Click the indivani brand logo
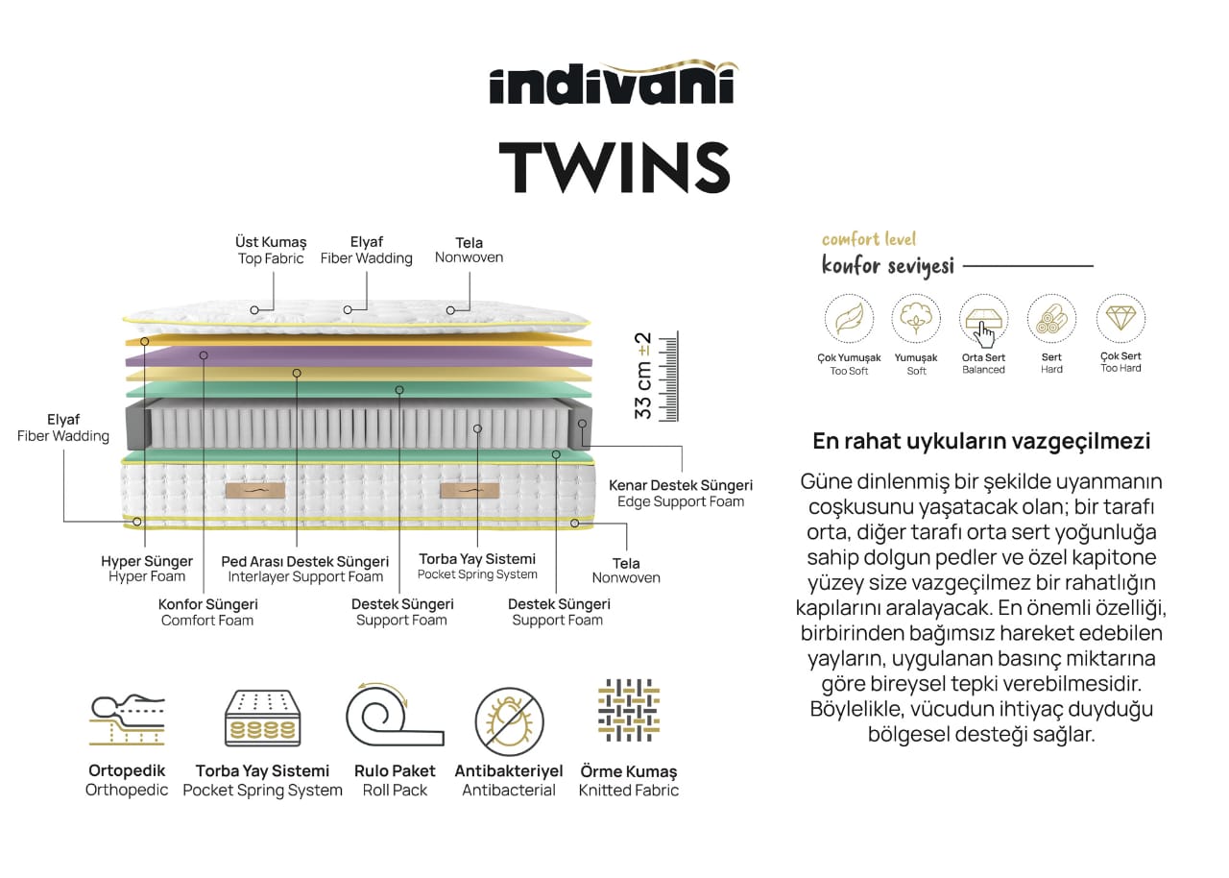click(x=614, y=84)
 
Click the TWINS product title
click(x=614, y=166)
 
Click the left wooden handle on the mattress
click(x=249, y=491)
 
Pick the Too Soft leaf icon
click(x=849, y=319)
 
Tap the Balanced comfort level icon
click(x=983, y=319)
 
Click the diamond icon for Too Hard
click(x=1121, y=317)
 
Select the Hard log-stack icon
click(x=1051, y=319)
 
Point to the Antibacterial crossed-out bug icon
click(x=509, y=721)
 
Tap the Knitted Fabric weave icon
click(x=628, y=711)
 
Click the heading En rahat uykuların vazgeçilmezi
click(x=981, y=442)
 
